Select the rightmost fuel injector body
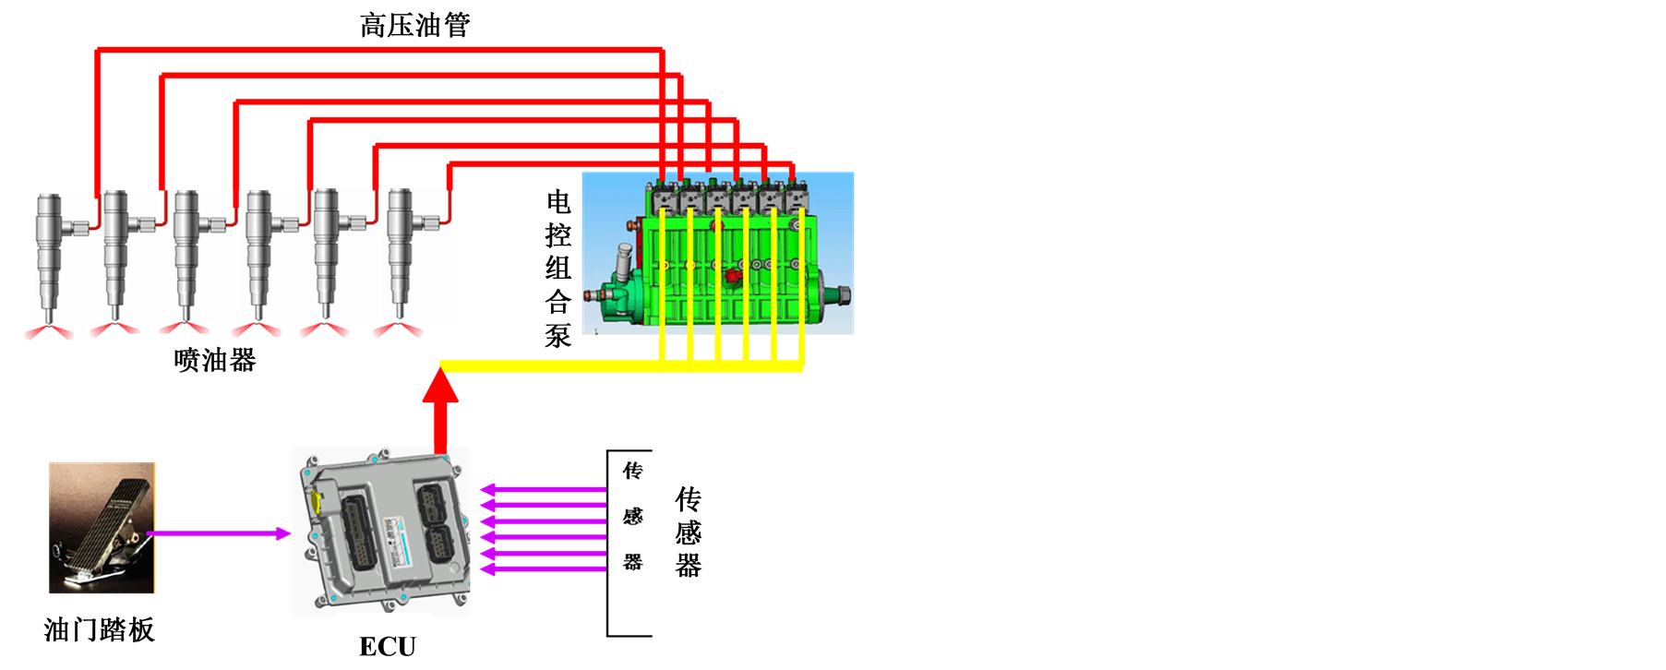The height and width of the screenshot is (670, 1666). [400, 249]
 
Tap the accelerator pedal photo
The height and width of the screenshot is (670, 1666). [102, 526]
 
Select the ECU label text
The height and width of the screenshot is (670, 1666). [388, 644]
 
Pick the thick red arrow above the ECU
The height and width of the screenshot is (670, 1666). [440, 411]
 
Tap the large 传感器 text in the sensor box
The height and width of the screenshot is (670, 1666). [689, 532]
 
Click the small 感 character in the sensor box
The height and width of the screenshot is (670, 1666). [632, 516]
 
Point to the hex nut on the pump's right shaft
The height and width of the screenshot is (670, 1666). [841, 296]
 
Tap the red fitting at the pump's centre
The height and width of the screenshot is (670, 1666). [735, 274]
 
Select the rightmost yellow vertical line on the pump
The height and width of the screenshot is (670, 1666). [801, 286]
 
